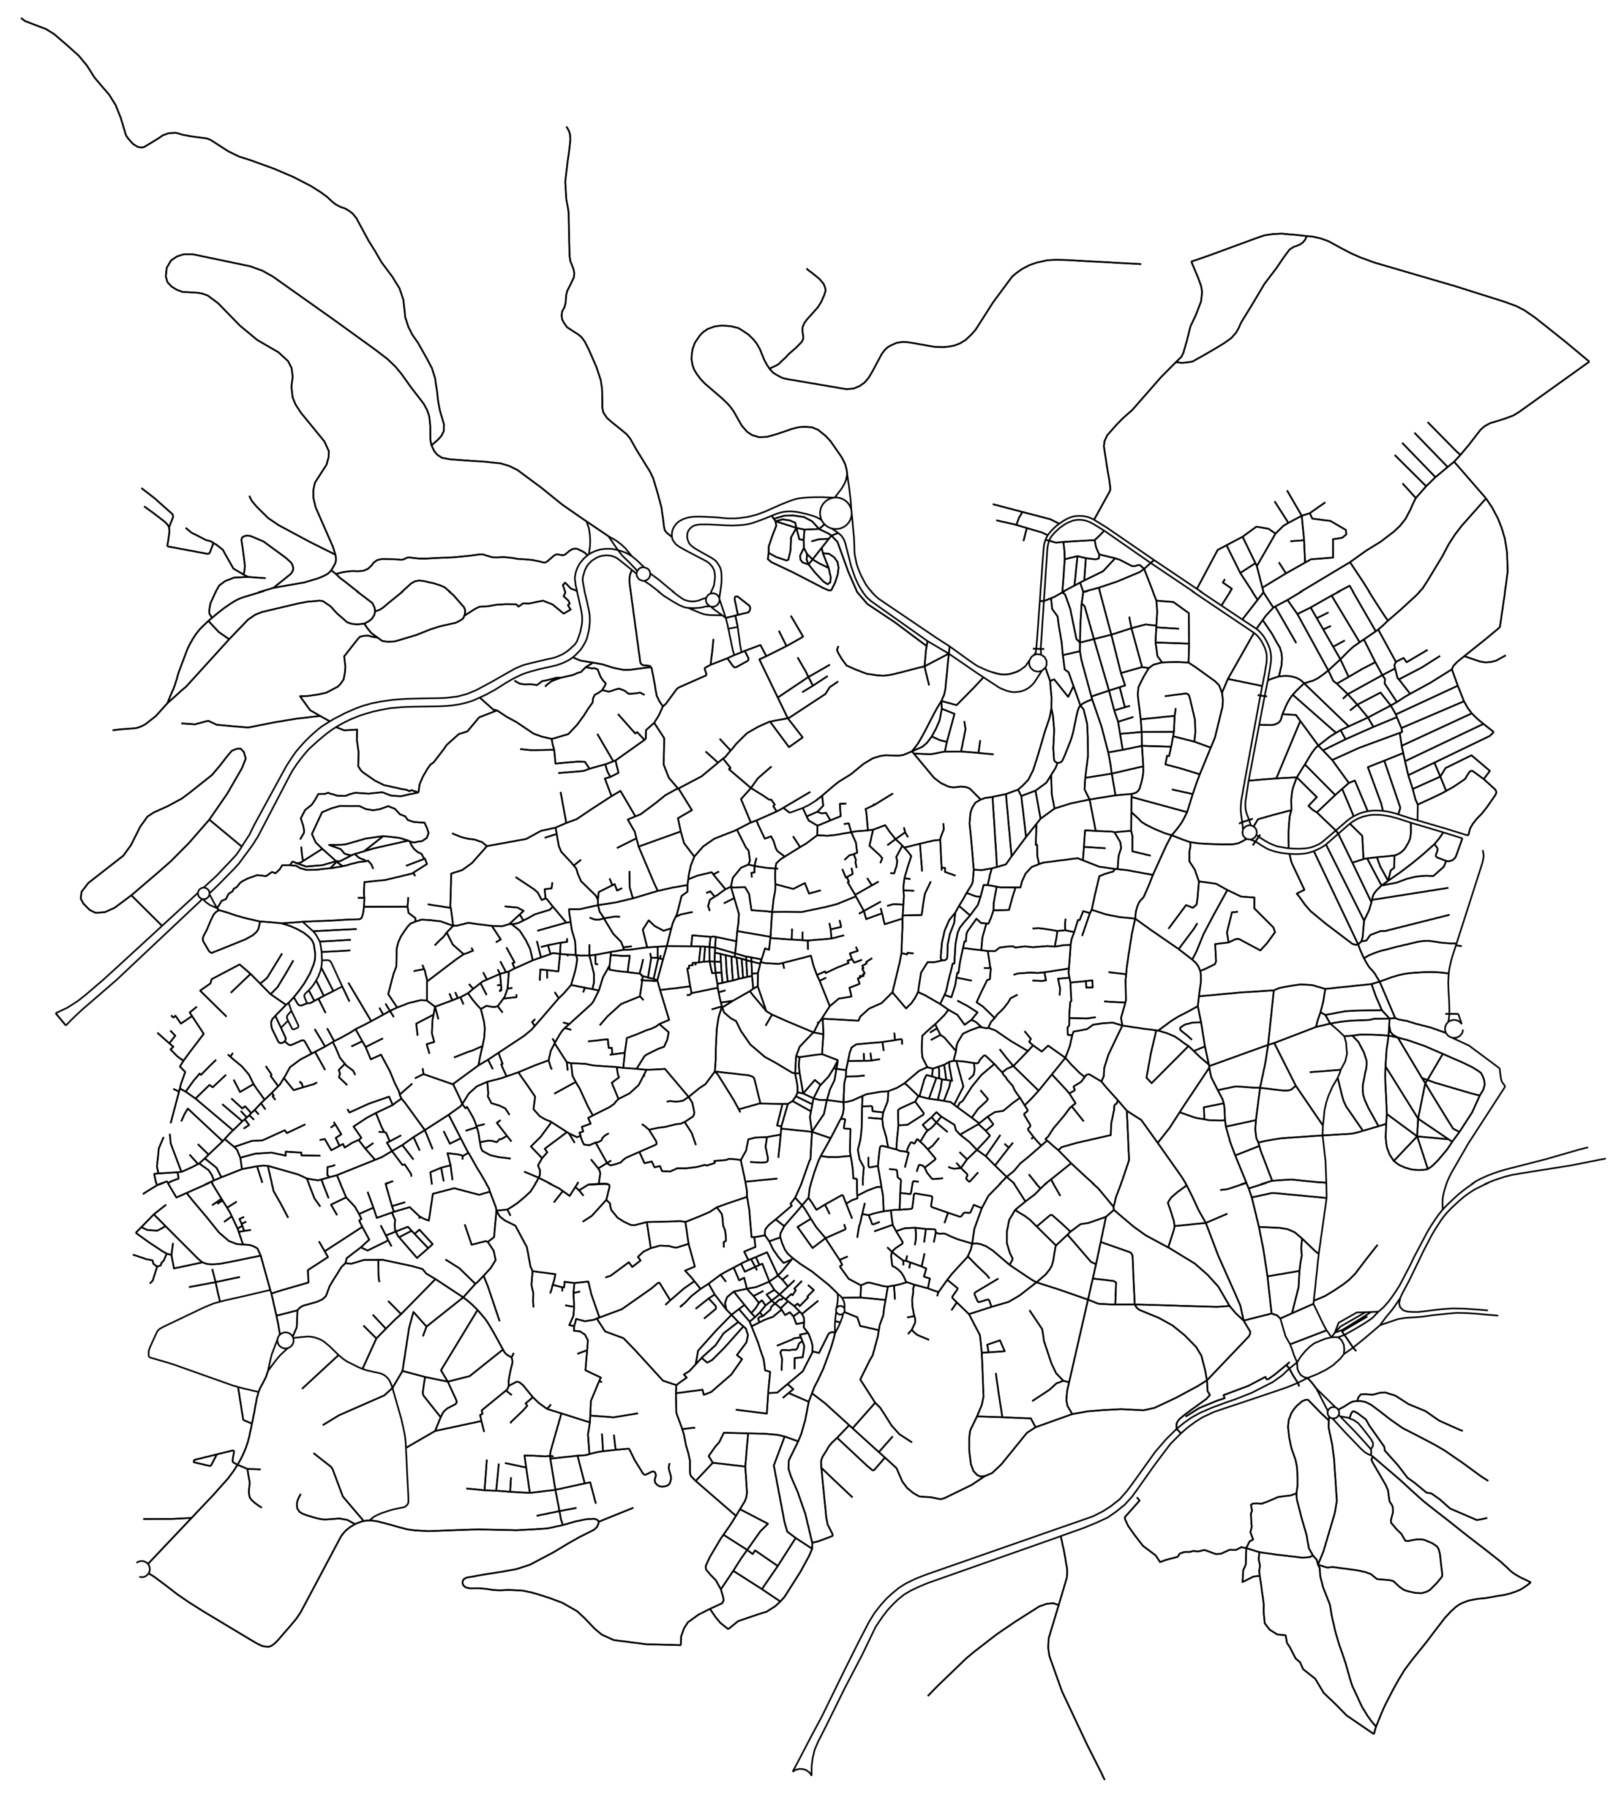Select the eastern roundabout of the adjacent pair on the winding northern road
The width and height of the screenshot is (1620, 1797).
click(712, 600)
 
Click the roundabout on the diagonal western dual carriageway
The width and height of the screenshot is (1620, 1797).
click(204, 893)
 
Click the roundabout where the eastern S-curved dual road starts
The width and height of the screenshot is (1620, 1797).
click(1249, 832)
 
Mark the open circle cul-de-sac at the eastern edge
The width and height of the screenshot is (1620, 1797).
click(1453, 1029)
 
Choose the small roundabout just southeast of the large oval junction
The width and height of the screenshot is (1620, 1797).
click(1333, 1413)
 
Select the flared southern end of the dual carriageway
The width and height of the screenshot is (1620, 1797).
click(802, 1771)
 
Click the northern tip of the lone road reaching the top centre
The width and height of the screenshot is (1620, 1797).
click(567, 128)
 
